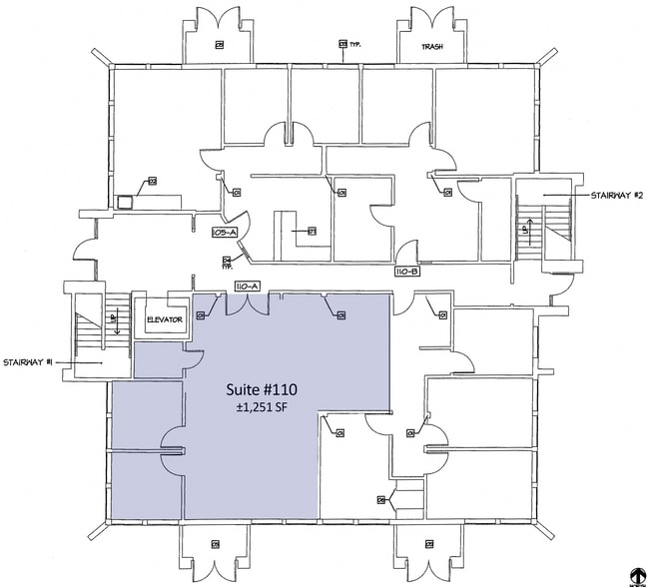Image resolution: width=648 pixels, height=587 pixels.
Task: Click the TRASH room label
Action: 432,46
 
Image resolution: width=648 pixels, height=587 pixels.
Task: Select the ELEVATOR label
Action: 163,319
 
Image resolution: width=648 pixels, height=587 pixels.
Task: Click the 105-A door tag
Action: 224,232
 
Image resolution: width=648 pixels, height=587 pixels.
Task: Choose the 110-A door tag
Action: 247,287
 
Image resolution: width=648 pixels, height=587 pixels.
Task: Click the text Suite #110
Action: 262,388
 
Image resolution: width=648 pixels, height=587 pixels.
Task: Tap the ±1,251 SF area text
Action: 262,407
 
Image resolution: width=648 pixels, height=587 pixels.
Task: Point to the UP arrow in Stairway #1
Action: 114,321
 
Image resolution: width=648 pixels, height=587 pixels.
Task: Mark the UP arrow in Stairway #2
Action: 526,230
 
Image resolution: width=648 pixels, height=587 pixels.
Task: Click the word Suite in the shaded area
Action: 243,388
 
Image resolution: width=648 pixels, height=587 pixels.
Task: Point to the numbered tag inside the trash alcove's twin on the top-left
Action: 219,45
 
